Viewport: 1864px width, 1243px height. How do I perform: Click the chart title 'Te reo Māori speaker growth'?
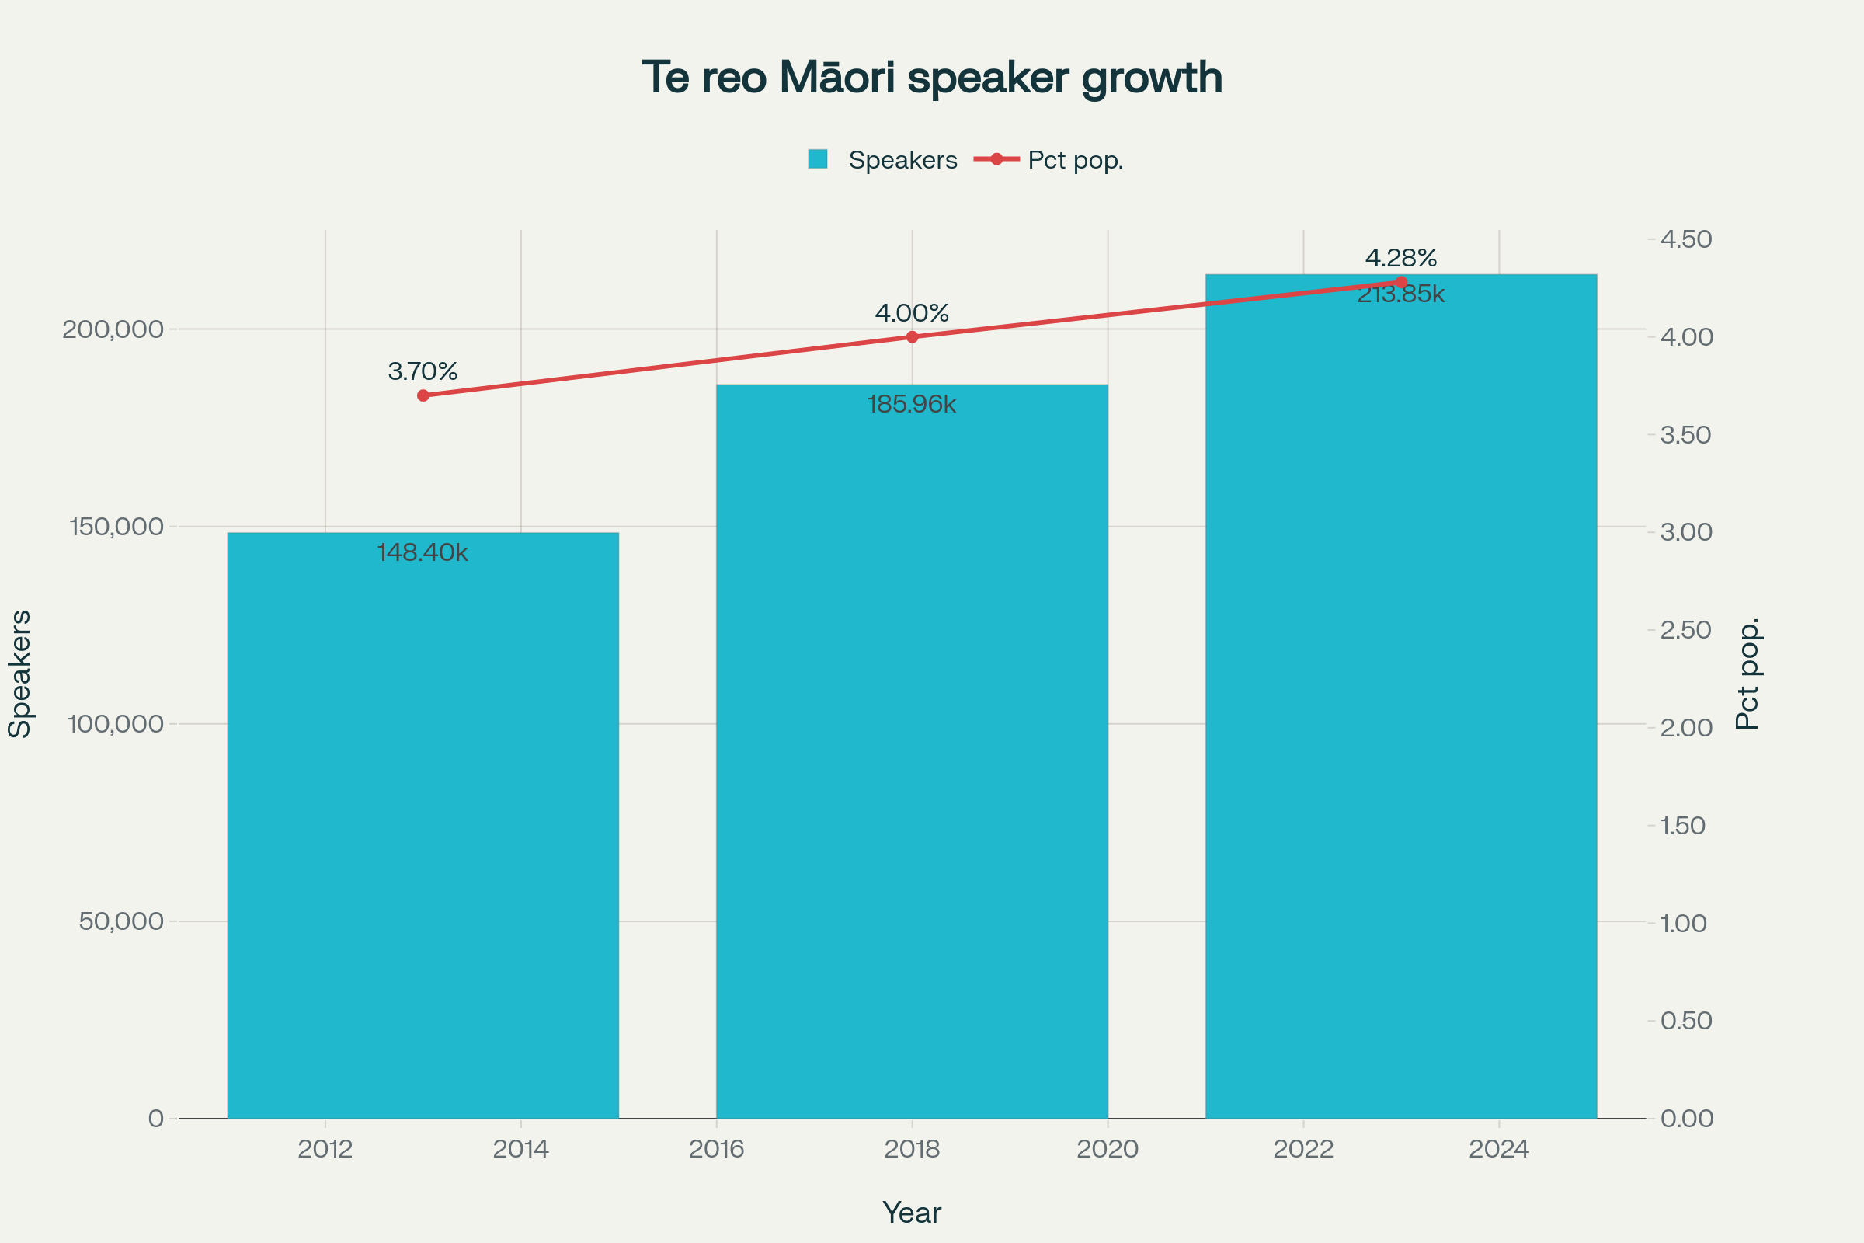[932, 78]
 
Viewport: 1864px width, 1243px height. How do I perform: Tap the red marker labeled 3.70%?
[423, 395]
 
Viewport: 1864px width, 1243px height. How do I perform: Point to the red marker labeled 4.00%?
[912, 337]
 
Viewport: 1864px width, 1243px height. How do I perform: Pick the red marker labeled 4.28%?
[1401, 282]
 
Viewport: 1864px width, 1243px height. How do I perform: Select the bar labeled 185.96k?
[912, 753]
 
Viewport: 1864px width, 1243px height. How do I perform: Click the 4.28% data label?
[1401, 258]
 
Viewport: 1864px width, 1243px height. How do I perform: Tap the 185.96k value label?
[912, 404]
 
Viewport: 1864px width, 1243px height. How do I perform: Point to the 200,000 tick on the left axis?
[113, 329]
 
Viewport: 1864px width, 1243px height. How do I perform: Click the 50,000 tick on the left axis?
[120, 921]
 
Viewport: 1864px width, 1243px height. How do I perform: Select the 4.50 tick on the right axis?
[1686, 239]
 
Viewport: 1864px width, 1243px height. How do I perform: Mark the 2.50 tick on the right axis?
[1686, 630]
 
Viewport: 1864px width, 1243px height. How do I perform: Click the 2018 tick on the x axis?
[912, 1149]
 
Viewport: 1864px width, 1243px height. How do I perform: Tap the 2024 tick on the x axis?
[1499, 1149]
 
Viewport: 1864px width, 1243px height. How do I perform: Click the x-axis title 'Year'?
[912, 1213]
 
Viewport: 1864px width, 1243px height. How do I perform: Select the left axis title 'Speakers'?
[20, 674]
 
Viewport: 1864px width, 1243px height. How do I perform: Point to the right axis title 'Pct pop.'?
[1747, 674]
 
